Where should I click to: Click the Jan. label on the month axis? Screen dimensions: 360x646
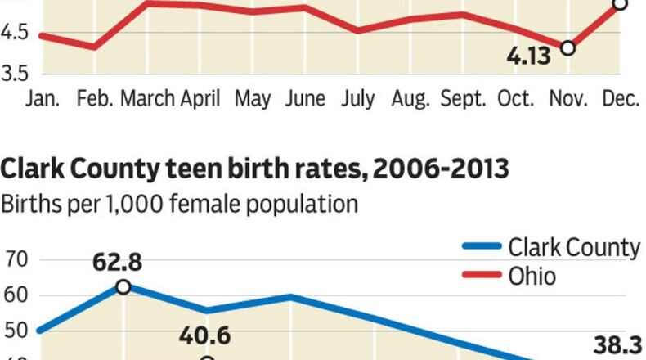point(43,99)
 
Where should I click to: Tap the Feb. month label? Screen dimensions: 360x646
point(95,99)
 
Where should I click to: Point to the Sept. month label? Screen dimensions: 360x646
point(464,99)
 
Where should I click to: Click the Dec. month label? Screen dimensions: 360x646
point(621,99)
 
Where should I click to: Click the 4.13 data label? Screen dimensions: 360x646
point(529,57)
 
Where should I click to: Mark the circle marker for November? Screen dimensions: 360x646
point(567,48)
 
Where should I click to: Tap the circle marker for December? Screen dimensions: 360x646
point(620,4)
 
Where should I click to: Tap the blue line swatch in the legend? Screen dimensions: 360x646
point(481,247)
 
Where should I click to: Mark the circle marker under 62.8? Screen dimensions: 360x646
point(123,286)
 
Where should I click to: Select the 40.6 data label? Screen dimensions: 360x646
point(208,336)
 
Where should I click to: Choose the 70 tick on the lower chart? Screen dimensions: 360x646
point(16,261)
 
